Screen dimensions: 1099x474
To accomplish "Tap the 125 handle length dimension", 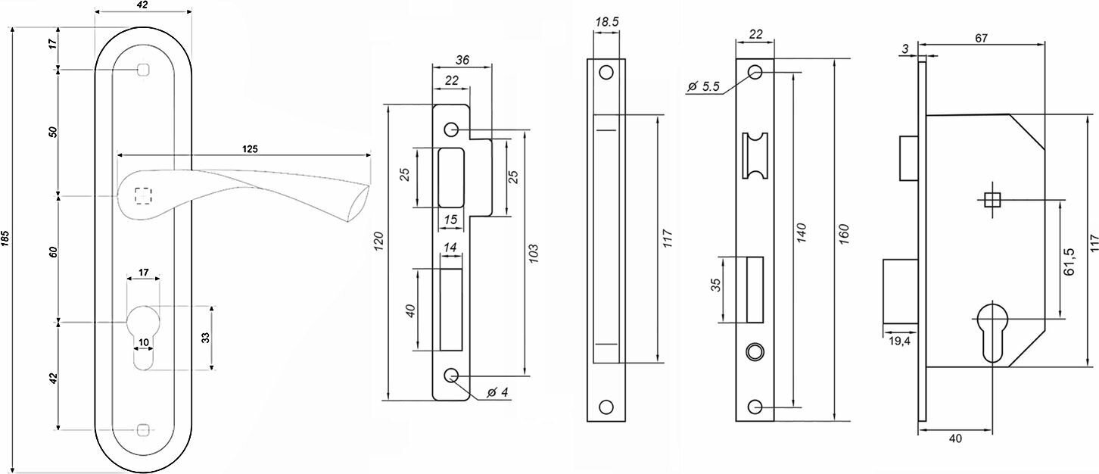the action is click(249, 149).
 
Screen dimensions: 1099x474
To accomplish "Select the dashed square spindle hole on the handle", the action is click(142, 195).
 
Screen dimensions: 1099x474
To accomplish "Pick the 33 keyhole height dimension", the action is click(206, 338).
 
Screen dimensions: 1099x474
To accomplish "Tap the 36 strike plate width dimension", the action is click(462, 59).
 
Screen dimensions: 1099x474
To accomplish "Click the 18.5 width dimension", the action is click(607, 23).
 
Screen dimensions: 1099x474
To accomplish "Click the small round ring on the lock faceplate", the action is click(755, 351).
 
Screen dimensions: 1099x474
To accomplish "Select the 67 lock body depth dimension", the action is click(982, 39).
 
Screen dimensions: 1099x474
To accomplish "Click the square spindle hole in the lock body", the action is click(992, 200).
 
